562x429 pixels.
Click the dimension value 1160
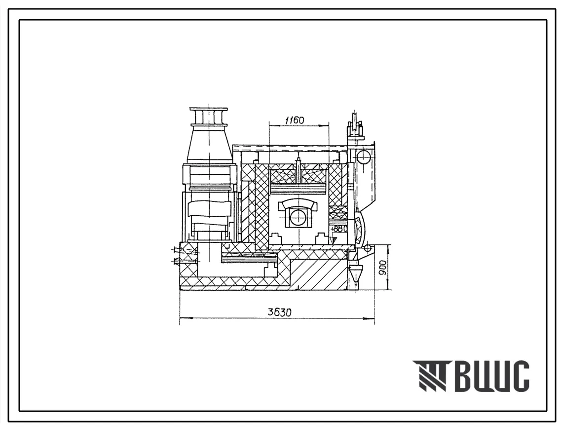click(294, 120)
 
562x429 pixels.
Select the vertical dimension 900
click(383, 267)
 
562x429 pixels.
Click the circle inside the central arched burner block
click(298, 217)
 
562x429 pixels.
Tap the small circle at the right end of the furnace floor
click(368, 247)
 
